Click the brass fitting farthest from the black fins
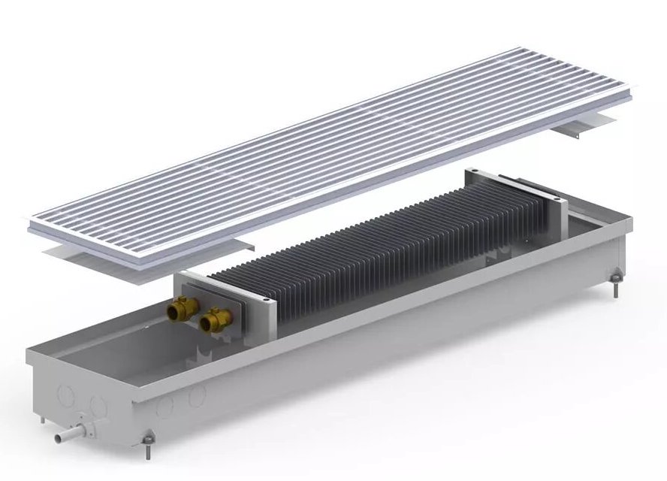click(183, 307)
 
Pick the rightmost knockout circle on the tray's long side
click(197, 398)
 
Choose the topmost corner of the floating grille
click(518, 50)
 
